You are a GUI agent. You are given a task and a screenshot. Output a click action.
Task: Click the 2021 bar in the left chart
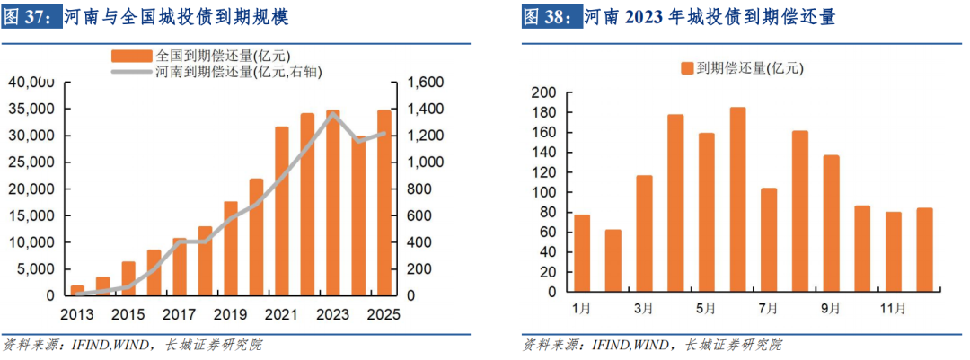click(x=282, y=211)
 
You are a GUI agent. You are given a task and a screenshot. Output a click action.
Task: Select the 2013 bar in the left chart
click(x=77, y=290)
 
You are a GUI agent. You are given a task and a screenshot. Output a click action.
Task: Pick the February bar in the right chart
click(x=613, y=261)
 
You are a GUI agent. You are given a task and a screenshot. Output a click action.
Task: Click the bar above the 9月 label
click(x=831, y=224)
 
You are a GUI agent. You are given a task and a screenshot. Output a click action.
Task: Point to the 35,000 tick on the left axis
click(x=33, y=110)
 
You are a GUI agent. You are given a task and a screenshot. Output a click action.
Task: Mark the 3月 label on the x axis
click(x=644, y=309)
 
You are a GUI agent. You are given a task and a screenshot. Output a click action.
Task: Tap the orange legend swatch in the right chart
click(x=687, y=68)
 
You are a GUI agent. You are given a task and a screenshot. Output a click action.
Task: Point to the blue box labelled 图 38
click(x=551, y=17)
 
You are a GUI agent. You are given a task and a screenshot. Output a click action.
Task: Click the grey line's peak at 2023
click(x=333, y=114)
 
